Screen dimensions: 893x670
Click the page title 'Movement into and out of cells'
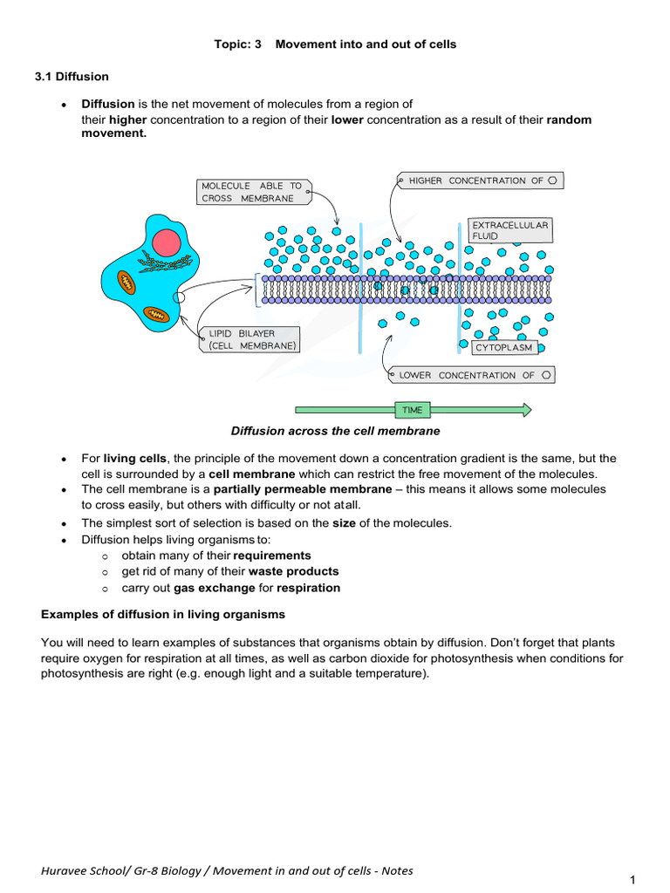[366, 44]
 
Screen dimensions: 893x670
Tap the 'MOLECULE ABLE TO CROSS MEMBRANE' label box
[252, 192]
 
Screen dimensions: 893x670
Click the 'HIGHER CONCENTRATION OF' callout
[478, 181]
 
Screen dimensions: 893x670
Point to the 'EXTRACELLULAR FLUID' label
[510, 230]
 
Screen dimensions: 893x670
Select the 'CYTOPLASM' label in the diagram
[503, 348]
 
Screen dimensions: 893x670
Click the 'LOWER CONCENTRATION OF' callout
[470, 375]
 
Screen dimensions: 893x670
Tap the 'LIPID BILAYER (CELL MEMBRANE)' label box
[252, 339]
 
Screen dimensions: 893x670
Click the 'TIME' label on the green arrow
[412, 410]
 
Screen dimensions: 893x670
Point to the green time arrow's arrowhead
[525, 410]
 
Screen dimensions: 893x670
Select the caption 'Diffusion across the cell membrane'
[335, 431]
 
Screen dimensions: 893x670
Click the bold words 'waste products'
[294, 571]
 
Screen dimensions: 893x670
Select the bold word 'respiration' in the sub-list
[308, 588]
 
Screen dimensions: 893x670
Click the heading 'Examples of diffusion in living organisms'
[163, 615]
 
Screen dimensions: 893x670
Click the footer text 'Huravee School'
[79, 870]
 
